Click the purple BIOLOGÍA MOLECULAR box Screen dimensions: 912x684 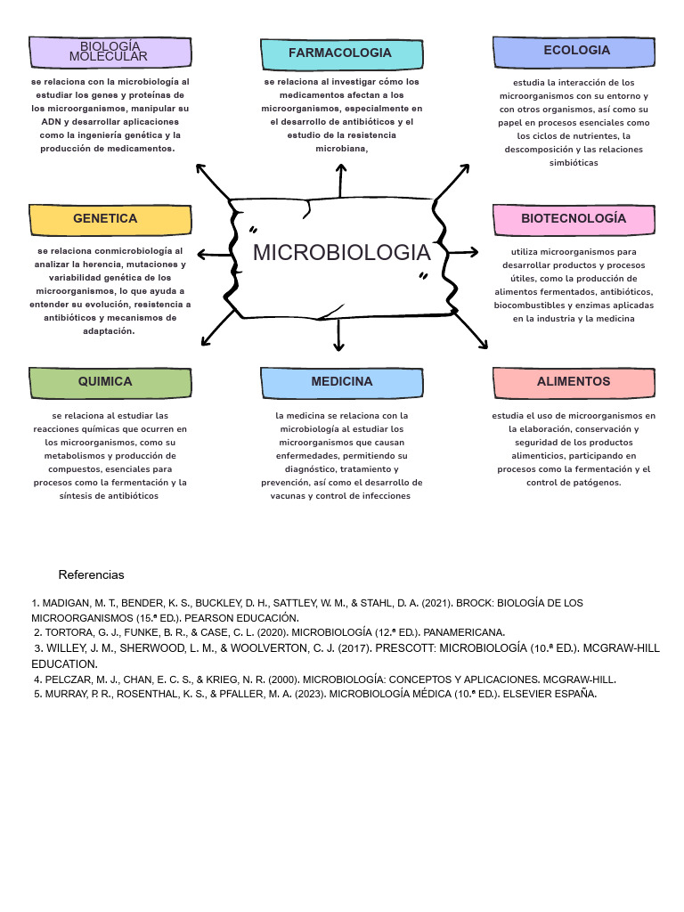pyautogui.click(x=111, y=52)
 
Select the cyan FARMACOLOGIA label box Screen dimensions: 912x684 pyautogui.click(x=340, y=53)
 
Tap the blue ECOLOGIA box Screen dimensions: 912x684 pyautogui.click(x=576, y=51)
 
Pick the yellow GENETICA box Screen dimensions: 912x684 pyautogui.click(x=110, y=219)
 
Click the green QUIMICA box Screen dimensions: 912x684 pyautogui.click(x=110, y=382)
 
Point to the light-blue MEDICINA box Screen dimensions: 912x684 pyautogui.click(x=341, y=382)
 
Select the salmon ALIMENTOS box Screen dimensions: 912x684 pyautogui.click(x=573, y=382)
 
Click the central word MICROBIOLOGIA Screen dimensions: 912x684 pyautogui.click(x=341, y=253)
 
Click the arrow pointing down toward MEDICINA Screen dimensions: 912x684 pyautogui.click(x=339, y=334)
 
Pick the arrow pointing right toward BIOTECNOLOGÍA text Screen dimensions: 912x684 pyautogui.click(x=464, y=253)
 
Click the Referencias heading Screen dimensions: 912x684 pyautogui.click(x=92, y=574)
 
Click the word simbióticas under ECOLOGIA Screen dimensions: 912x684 pyautogui.click(x=574, y=163)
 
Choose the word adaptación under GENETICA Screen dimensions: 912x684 pyautogui.click(x=110, y=331)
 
